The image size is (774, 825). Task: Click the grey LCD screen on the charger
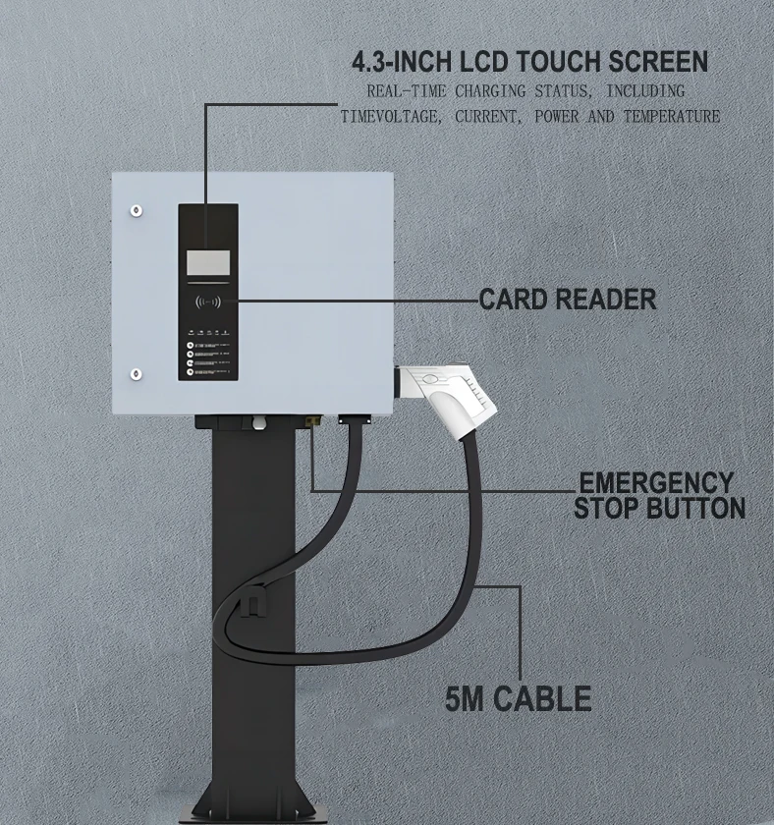208,262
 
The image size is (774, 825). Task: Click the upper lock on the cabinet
137,209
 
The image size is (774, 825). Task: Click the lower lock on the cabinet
137,373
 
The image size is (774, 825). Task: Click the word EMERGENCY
656,483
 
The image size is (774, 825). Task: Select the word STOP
607,508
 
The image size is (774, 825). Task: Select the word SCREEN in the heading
659,63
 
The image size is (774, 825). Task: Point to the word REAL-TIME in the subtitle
401,90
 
